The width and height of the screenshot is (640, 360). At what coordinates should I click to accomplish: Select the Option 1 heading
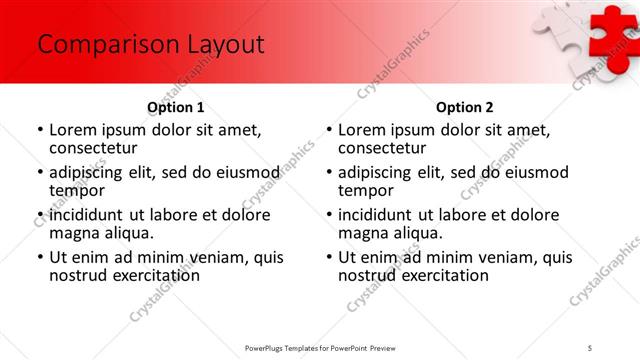[x=176, y=107]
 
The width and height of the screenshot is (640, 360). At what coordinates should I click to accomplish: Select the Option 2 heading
[x=464, y=107]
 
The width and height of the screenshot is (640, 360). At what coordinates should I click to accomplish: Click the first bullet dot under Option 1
[x=40, y=130]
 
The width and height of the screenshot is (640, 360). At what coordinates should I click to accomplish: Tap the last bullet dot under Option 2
[x=328, y=257]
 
